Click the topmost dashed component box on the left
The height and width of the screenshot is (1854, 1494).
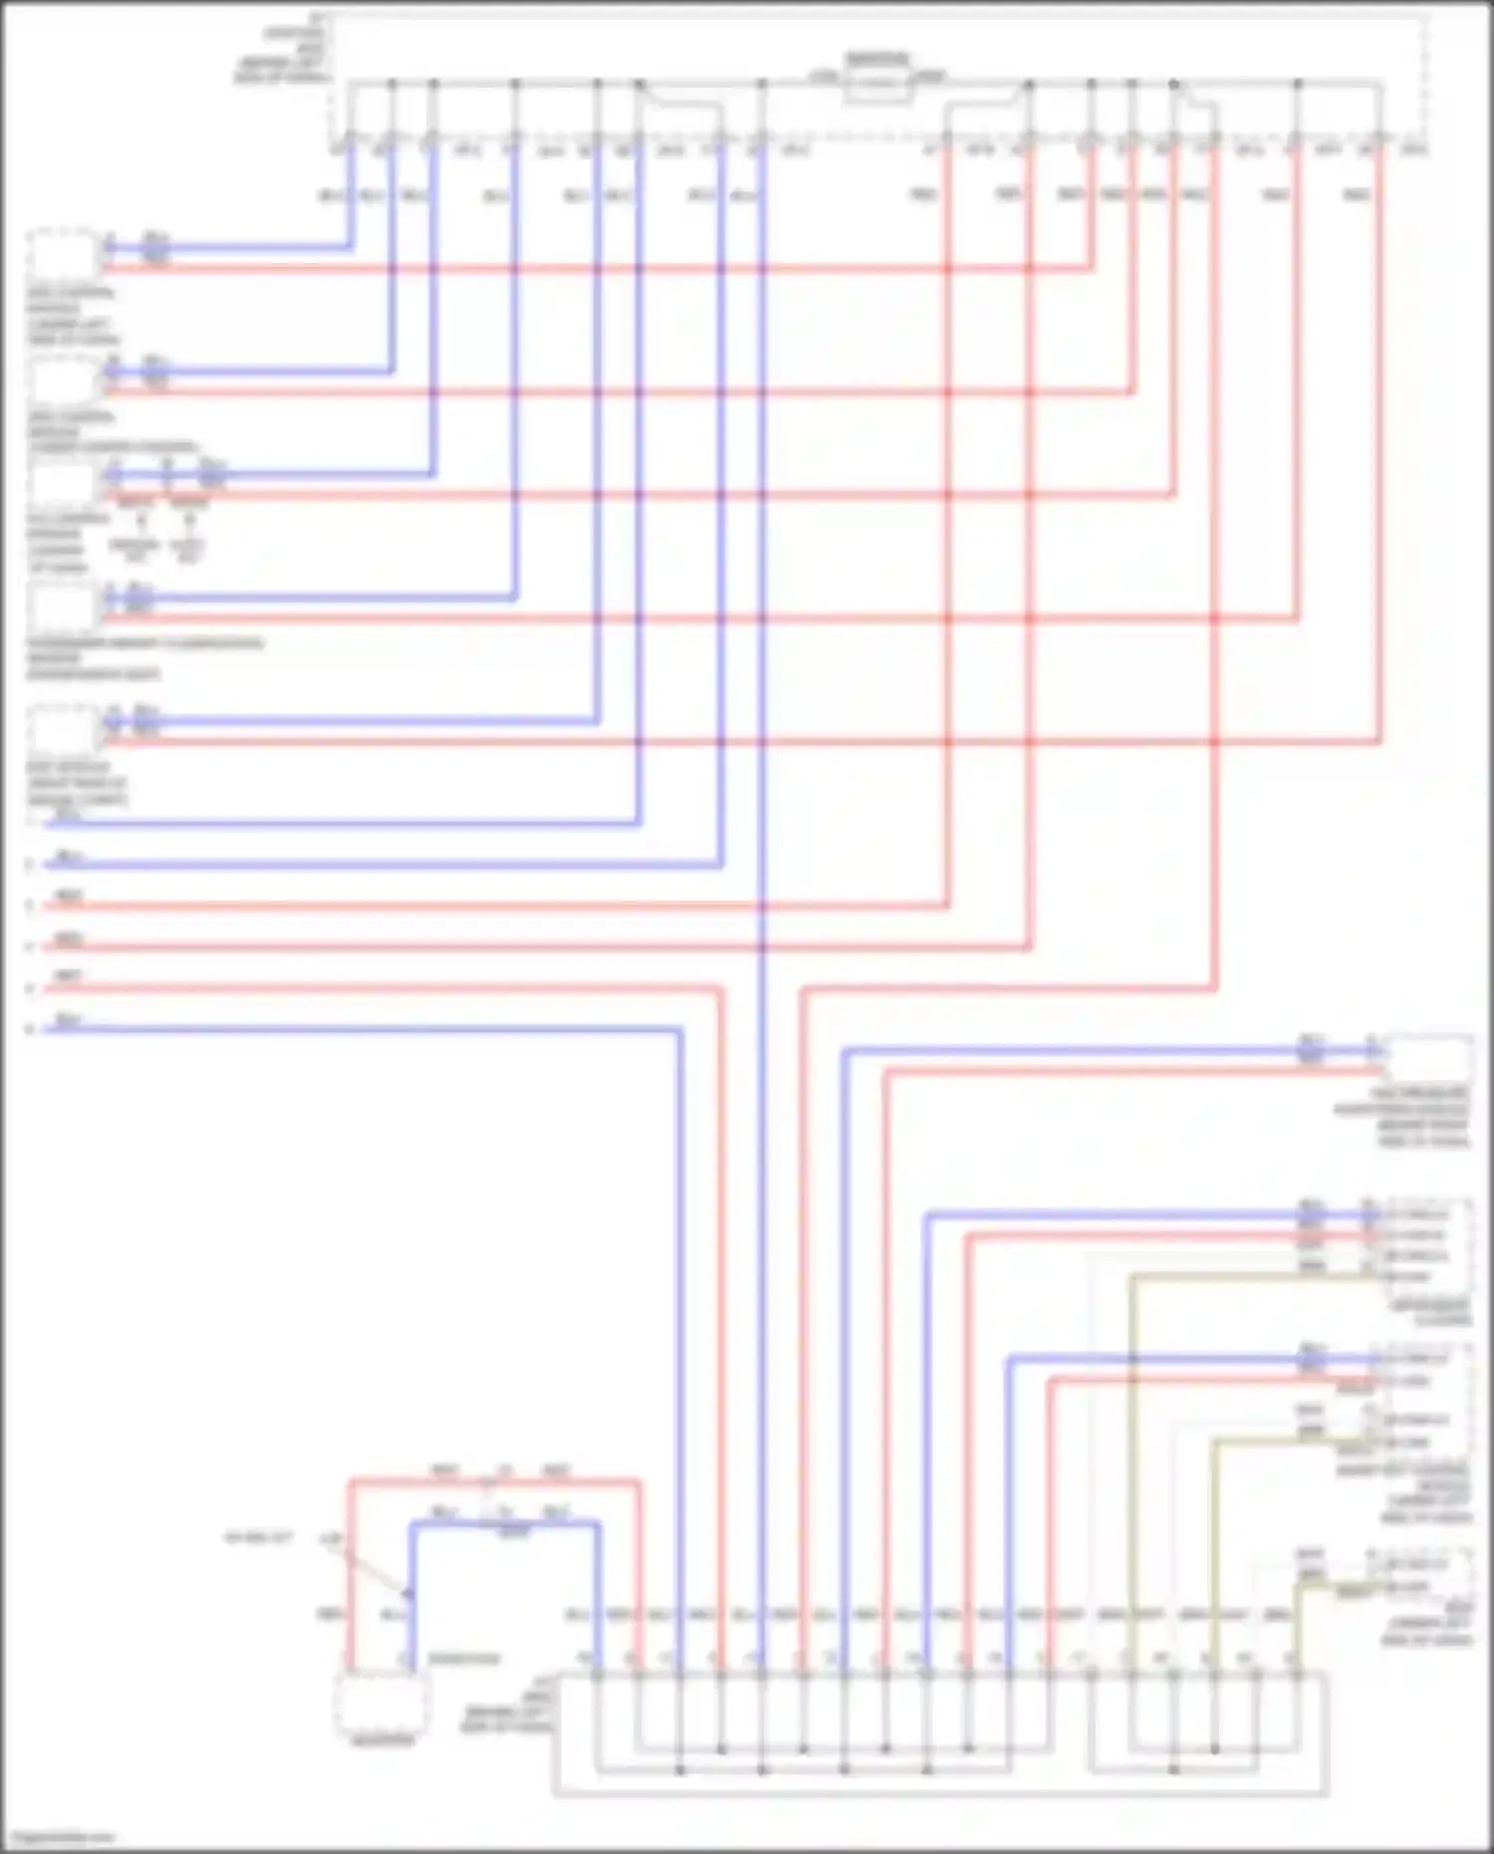point(63,255)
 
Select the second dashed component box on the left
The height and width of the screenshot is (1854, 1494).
point(63,380)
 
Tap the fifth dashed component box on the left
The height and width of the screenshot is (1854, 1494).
point(63,729)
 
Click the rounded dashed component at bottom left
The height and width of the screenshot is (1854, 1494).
point(382,1702)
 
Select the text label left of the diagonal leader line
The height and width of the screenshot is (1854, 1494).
point(258,1538)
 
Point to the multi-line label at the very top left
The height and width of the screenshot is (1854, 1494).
point(282,48)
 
